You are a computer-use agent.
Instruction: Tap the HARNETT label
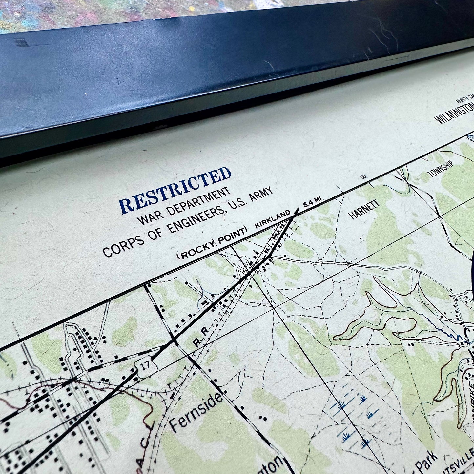click(364, 210)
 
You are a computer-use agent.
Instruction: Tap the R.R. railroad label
click(201, 340)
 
